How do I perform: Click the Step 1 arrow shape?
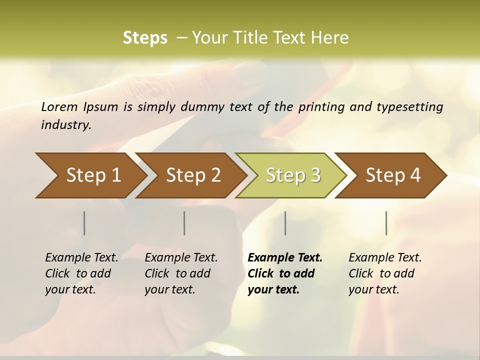coord(90,175)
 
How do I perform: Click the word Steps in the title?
coord(145,38)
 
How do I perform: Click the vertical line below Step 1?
coord(84,223)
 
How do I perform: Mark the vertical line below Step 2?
coord(184,223)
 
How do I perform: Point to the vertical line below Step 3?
coord(285,223)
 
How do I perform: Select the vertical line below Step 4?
coord(386,223)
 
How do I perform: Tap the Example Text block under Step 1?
coord(81,273)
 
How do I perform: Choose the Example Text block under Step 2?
coord(181,273)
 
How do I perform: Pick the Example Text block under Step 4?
coord(385,273)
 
